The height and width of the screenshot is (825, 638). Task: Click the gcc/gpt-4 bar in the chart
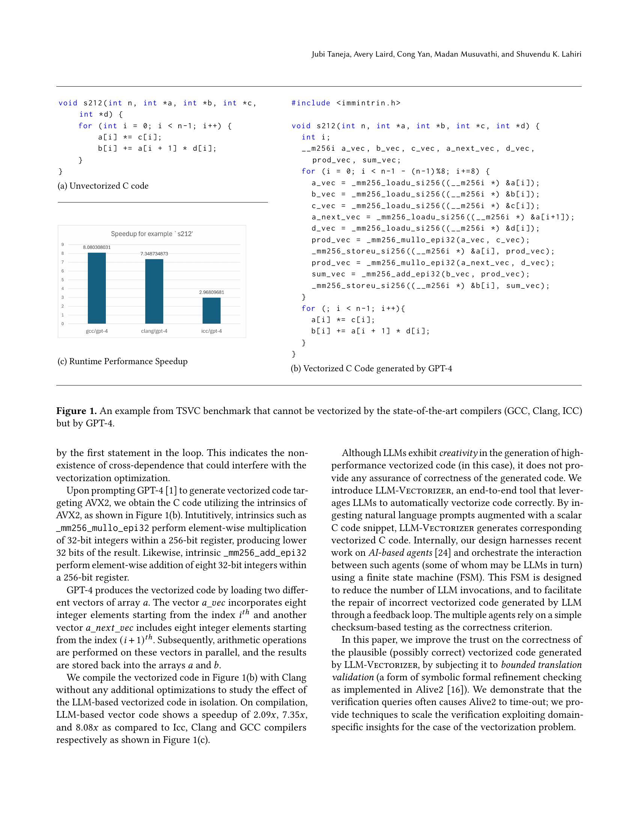pos(97,288)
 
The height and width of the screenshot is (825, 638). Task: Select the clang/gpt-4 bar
pos(154,291)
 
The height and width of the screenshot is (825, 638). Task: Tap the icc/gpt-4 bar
pos(211,310)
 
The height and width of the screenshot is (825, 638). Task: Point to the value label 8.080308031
pos(97,247)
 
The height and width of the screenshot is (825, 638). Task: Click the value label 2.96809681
pos(212,292)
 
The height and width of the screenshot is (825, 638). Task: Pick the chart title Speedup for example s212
pos(152,234)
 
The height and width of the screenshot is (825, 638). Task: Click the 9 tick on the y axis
pos(63,244)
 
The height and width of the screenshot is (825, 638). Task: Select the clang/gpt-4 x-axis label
pos(154,331)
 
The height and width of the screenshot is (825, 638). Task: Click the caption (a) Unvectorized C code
pos(103,186)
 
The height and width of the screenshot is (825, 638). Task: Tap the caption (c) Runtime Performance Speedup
pos(122,361)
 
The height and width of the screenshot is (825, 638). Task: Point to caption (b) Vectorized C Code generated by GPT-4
pos(371,368)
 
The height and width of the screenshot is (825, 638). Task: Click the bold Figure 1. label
pos(77,411)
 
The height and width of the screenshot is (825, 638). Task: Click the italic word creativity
pos(458,453)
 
